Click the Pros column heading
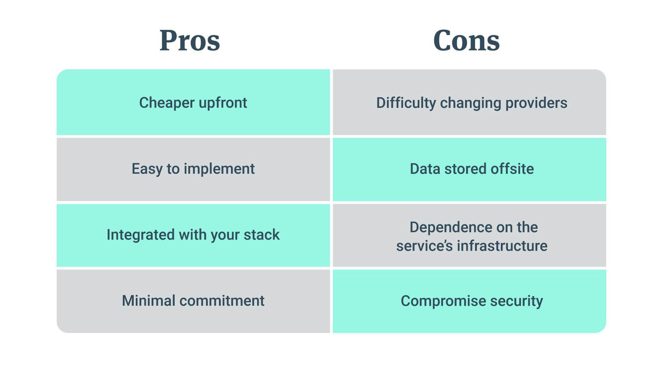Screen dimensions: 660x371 (190, 41)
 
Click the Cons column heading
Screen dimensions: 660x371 (466, 41)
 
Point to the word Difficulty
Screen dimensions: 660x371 (406, 103)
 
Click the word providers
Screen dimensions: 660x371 (536, 103)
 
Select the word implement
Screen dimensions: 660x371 (219, 169)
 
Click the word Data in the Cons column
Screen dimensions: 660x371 (425, 169)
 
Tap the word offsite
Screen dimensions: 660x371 (512, 169)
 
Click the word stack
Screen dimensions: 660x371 (262, 235)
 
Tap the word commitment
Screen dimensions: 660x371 (222, 301)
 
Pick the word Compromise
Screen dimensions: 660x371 (443, 301)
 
